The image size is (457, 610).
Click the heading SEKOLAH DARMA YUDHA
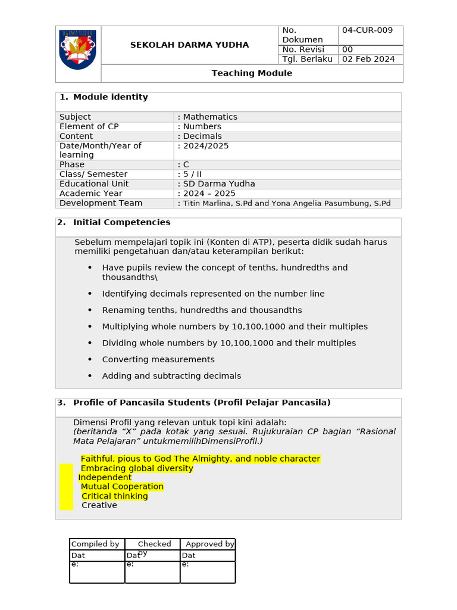point(189,45)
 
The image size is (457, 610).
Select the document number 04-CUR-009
point(367,30)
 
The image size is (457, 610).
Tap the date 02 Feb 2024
point(368,59)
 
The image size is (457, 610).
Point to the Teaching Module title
point(252,73)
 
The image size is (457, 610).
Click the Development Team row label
point(101,203)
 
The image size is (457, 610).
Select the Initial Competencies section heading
point(121,222)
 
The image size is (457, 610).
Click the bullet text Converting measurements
point(158,359)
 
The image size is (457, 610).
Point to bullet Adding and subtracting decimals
point(171,376)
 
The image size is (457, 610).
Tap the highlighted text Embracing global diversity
point(137,468)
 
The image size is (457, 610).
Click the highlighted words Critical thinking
point(115,496)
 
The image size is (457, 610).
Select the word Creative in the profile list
point(99,505)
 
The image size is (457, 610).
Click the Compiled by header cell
point(95,544)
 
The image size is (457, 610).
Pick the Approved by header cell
point(209,544)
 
